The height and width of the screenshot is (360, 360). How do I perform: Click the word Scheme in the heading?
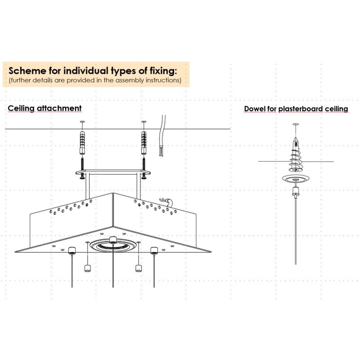(x=27, y=71)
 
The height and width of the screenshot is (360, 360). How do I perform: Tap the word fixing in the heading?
(x=163, y=71)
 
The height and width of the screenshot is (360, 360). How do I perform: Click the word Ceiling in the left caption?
(x=21, y=108)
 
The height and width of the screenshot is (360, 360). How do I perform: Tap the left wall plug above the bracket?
(x=82, y=142)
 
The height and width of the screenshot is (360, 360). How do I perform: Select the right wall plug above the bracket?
(x=144, y=142)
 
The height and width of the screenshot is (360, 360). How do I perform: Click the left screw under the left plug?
(x=82, y=167)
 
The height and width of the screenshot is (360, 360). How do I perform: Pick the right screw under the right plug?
(x=144, y=167)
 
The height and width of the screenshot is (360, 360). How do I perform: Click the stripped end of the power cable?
(x=161, y=152)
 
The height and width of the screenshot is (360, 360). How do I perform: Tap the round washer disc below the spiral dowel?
(x=296, y=178)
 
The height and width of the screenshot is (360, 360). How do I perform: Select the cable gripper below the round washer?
(x=296, y=192)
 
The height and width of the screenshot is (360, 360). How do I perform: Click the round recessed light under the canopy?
(x=113, y=245)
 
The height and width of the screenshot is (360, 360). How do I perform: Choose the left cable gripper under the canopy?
(x=72, y=251)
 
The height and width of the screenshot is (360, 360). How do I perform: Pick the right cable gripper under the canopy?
(x=154, y=251)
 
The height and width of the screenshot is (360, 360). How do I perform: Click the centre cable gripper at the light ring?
(x=113, y=240)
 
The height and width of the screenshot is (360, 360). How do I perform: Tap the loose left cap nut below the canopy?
(x=87, y=268)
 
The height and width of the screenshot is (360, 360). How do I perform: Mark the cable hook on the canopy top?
(x=166, y=202)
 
